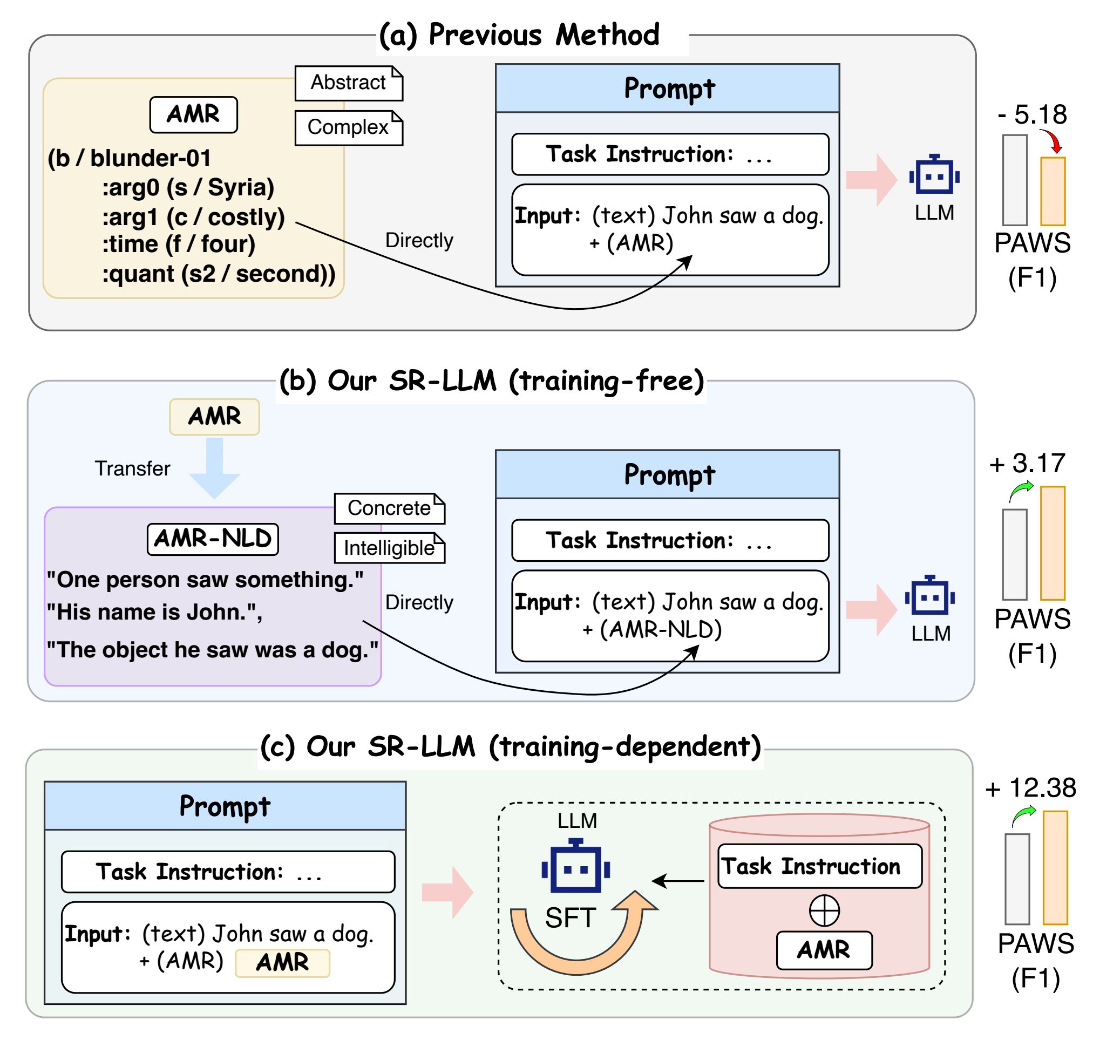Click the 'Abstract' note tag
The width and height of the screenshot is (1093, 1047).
point(349,83)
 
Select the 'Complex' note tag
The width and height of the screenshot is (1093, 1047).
point(349,128)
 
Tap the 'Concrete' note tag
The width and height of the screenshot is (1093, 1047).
point(389,508)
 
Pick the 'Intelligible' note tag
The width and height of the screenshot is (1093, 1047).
point(389,548)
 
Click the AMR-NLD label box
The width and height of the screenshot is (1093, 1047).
point(213,539)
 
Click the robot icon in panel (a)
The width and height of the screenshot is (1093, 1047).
point(934,174)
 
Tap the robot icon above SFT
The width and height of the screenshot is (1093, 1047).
point(576,865)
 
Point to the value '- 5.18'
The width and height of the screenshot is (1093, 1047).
point(1032,115)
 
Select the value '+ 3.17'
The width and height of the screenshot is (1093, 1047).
point(1027,463)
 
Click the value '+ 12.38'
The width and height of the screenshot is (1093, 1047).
point(1030,788)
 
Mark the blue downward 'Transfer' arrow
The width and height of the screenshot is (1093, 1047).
point(215,468)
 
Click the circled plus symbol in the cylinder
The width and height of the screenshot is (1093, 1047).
point(824,910)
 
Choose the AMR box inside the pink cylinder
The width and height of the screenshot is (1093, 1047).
point(824,950)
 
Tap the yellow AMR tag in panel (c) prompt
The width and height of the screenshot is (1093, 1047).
point(282,963)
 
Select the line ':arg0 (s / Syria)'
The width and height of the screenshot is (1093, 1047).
point(188,187)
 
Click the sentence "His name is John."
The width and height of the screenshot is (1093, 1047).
point(154,612)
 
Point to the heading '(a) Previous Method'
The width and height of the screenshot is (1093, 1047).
point(519,35)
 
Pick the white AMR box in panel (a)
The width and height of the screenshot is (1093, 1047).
point(194,115)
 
